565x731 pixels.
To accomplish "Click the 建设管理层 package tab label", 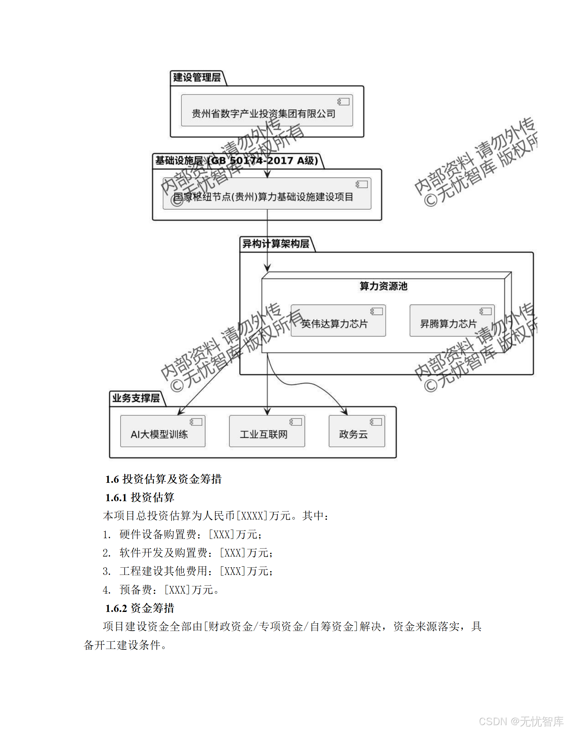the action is tap(197, 78).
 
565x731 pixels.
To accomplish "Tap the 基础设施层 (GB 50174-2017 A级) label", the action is tap(236, 161).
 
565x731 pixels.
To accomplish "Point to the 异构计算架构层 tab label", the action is tap(276, 244).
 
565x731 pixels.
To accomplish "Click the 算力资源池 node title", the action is tap(383, 286).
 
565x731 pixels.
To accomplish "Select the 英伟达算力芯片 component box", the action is tap(338, 321).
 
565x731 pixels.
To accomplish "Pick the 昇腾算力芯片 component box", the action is tap(452, 321).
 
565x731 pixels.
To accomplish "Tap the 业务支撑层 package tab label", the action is tap(136, 398).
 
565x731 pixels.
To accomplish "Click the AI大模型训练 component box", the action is tap(162, 431).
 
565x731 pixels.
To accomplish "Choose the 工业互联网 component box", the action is tap(267, 431).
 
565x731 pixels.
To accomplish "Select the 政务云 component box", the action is tap(357, 431).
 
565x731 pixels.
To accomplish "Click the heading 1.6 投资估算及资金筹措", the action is tap(163, 479).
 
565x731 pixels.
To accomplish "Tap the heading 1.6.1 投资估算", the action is tap(140, 498).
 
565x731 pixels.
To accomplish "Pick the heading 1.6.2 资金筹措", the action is tap(140, 608).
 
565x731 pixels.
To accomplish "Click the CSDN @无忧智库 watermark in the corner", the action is tap(521, 721).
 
